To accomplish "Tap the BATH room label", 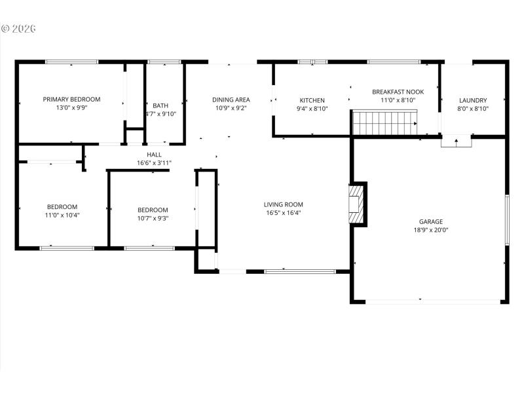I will click(160, 105).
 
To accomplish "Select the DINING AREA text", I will click(230, 100).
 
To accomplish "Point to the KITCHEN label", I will click(312, 100).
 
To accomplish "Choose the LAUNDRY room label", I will click(473, 100).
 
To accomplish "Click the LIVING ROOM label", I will click(284, 204).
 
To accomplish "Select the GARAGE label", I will click(431, 221).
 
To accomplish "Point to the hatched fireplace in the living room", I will click(356, 203).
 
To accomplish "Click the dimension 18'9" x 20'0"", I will click(431, 230).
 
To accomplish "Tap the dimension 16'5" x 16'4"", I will click(284, 212).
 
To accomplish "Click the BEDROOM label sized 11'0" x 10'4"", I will click(62, 206).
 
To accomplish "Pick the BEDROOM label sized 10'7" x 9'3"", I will click(153, 210).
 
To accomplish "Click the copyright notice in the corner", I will click(18, 29).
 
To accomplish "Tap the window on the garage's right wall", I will click(507, 219).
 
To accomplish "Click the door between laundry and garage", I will click(456, 141).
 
